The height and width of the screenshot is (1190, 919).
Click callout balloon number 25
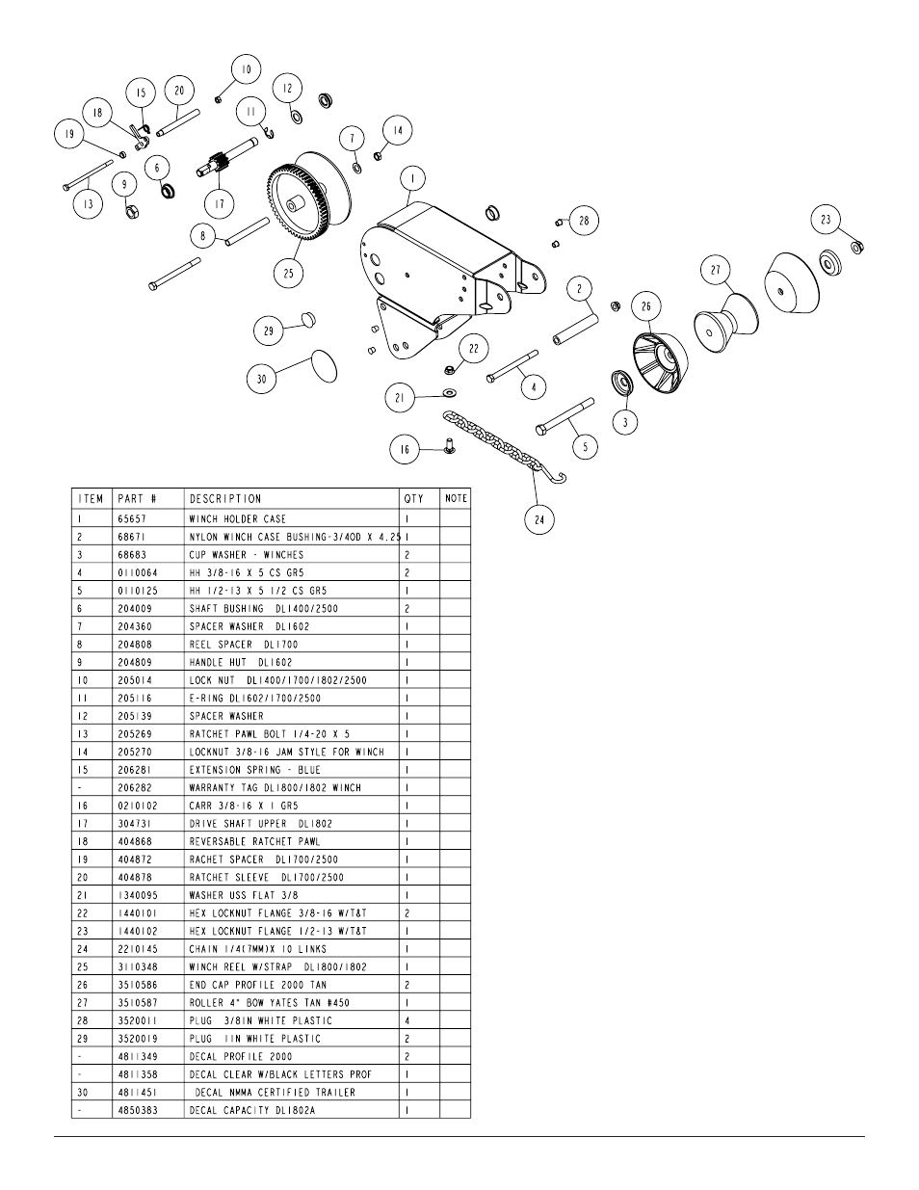coord(289,274)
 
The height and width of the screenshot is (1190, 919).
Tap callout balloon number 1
coord(412,179)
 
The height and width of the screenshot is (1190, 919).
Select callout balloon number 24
coord(539,519)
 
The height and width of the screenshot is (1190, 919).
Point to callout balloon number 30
coord(261,379)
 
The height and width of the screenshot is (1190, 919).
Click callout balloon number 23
coord(826,220)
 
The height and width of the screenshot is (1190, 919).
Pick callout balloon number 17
coord(219,203)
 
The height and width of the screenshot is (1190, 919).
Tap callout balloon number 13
coord(89,204)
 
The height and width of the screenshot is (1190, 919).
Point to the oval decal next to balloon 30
coord(325,367)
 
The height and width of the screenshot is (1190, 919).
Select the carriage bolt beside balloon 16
coord(449,444)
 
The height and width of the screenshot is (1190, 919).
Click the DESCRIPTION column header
coord(225,498)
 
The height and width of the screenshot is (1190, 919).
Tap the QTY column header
coord(412,498)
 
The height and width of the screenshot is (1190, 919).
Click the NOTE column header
coord(456,498)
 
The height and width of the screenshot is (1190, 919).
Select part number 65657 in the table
coord(132,518)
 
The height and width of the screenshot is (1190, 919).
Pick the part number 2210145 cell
coord(136,948)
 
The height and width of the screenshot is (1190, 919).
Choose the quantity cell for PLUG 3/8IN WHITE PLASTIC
coord(407,1020)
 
